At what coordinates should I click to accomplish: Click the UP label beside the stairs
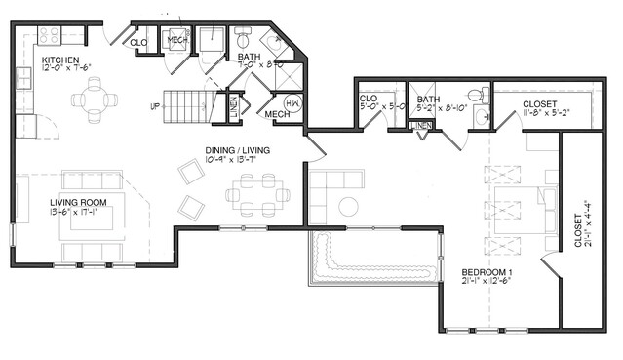tap(154, 105)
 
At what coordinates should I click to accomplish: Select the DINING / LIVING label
tap(237, 150)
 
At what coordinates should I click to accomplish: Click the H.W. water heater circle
tap(292, 102)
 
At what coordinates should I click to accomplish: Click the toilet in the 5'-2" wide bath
tap(477, 95)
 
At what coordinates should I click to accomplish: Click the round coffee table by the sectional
tap(348, 206)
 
